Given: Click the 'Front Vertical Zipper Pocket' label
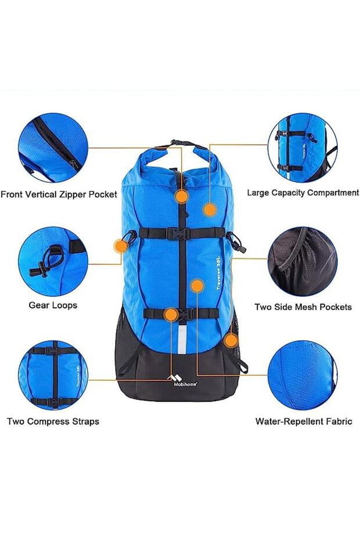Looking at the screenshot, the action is [59, 195].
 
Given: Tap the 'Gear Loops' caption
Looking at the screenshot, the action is [53, 305].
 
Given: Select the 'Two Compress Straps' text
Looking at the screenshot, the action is [53, 422].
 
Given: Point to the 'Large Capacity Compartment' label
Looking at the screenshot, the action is [303, 193].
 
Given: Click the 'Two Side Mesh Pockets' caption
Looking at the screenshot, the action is [303, 307].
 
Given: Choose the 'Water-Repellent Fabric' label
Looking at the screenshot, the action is [304, 421].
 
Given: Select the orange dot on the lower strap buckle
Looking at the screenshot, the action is [171, 315].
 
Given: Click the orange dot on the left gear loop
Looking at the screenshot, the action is [121, 246].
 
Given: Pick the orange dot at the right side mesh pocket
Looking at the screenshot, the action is [231, 341].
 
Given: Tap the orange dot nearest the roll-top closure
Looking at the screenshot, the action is [182, 197].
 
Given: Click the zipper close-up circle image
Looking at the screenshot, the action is [53, 147].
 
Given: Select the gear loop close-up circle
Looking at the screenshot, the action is [53, 261].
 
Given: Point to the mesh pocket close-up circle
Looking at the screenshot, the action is [303, 261].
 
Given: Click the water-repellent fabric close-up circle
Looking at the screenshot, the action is [303, 376].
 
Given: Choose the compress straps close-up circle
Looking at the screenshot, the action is [53, 375].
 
